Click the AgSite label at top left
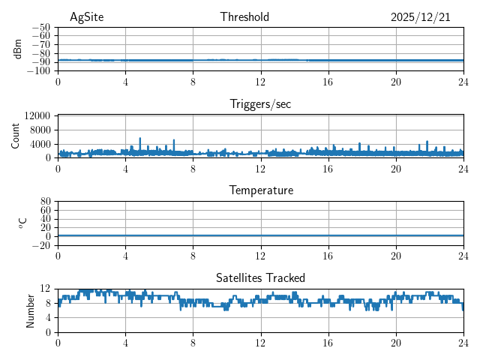[x=86, y=17]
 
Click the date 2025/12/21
[x=420, y=17]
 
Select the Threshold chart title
[x=244, y=17]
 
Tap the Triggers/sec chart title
[x=260, y=104]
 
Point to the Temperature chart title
[x=260, y=190]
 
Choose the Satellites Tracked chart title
[x=260, y=277]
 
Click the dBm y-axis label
[x=18, y=49]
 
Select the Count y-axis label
[x=16, y=136]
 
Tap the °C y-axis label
[x=22, y=223]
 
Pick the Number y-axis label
[x=31, y=310]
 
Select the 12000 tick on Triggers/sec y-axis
[x=37, y=115]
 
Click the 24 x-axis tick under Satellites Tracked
[x=463, y=341]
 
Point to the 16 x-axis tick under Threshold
[x=328, y=81]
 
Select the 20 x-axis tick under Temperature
[x=395, y=255]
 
